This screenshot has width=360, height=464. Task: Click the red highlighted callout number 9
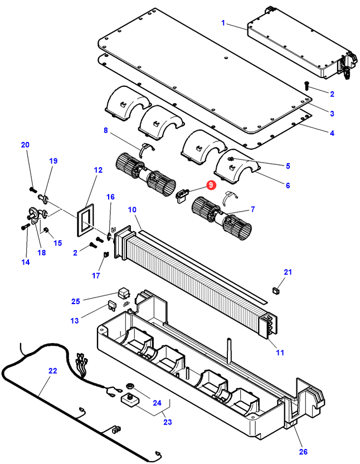coord(211,185)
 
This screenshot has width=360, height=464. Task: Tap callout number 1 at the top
coord(223,23)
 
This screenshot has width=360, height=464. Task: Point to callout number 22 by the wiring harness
coord(52,371)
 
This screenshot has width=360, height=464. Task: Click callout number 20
coord(25,145)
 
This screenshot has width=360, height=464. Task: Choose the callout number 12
coord(98,170)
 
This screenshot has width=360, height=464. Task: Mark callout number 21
coord(288,272)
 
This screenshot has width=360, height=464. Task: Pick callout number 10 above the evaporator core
coord(132,209)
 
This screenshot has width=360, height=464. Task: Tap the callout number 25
coord(76,301)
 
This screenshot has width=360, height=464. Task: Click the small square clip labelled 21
coord(275,289)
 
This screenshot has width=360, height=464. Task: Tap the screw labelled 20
coord(32,189)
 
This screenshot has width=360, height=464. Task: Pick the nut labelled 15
coord(46,230)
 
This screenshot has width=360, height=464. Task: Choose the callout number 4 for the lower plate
coord(332,133)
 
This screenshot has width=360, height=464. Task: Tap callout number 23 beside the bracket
coord(168,422)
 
